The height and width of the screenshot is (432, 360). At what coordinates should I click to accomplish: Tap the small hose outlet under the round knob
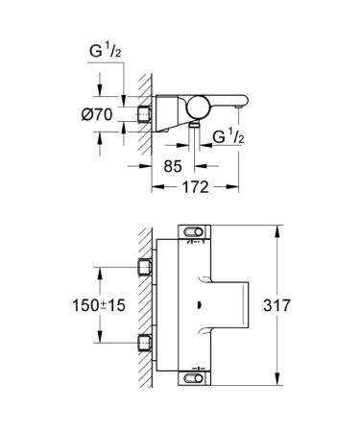(x=195, y=123)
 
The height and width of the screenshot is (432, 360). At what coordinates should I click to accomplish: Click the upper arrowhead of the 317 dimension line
(x=279, y=228)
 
